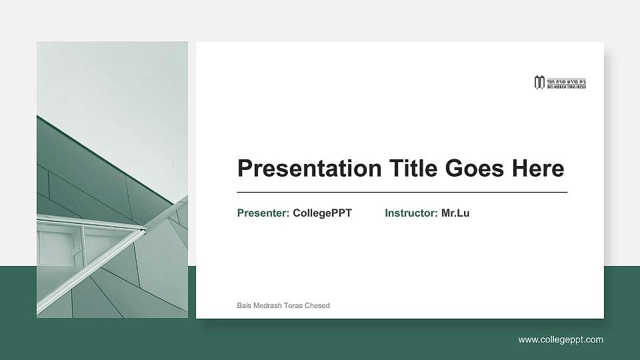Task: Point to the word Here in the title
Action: coord(537,169)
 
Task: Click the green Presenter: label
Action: coord(263,213)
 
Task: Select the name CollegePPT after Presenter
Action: coord(322,213)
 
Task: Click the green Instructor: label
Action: coord(411,213)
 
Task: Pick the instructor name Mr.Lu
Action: coord(455,213)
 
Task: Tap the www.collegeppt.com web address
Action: coord(561,340)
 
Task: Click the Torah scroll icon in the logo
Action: coord(539,83)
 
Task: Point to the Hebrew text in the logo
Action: coord(566,80)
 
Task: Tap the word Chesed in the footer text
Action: coord(318,305)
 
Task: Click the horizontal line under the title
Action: coord(402,192)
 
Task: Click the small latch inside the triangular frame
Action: coord(75,251)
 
